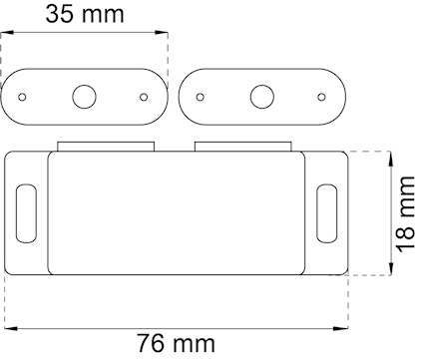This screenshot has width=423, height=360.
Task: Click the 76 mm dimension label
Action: [x=176, y=344]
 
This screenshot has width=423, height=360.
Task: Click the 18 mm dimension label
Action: [x=403, y=214]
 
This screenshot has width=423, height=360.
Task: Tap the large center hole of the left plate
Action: [x=84, y=97]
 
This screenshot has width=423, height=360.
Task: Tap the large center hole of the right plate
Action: [x=262, y=97]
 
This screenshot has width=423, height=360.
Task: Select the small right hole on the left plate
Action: [x=144, y=97]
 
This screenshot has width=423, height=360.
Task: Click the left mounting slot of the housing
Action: [x=24, y=212]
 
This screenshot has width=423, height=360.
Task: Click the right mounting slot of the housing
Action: [x=324, y=212]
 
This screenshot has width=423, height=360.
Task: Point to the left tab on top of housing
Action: [x=105, y=147]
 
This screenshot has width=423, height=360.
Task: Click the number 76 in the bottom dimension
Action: [x=149, y=344]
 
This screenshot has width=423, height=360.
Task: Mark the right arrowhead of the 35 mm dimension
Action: [x=164, y=34]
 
